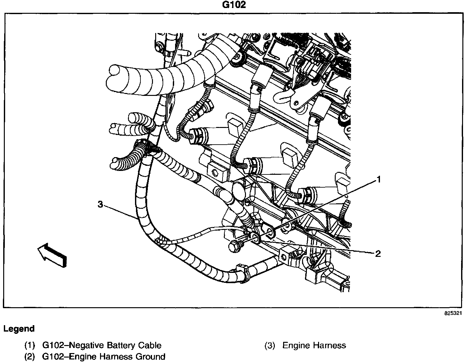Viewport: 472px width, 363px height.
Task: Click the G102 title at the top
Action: tap(234, 5)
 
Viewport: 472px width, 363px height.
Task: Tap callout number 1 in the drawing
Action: tap(379, 180)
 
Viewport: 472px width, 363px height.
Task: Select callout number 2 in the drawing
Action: tap(378, 254)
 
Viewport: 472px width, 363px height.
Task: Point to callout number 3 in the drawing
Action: tap(100, 204)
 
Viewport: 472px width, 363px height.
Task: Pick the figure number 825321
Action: tap(453, 313)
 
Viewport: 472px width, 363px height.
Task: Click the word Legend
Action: tap(19, 329)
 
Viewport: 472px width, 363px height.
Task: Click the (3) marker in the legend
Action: tap(270, 345)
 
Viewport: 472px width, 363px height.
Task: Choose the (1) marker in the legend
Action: tap(29, 345)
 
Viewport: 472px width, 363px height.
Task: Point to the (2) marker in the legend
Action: tap(29, 357)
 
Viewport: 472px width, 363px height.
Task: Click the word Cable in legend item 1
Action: tap(150, 345)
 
